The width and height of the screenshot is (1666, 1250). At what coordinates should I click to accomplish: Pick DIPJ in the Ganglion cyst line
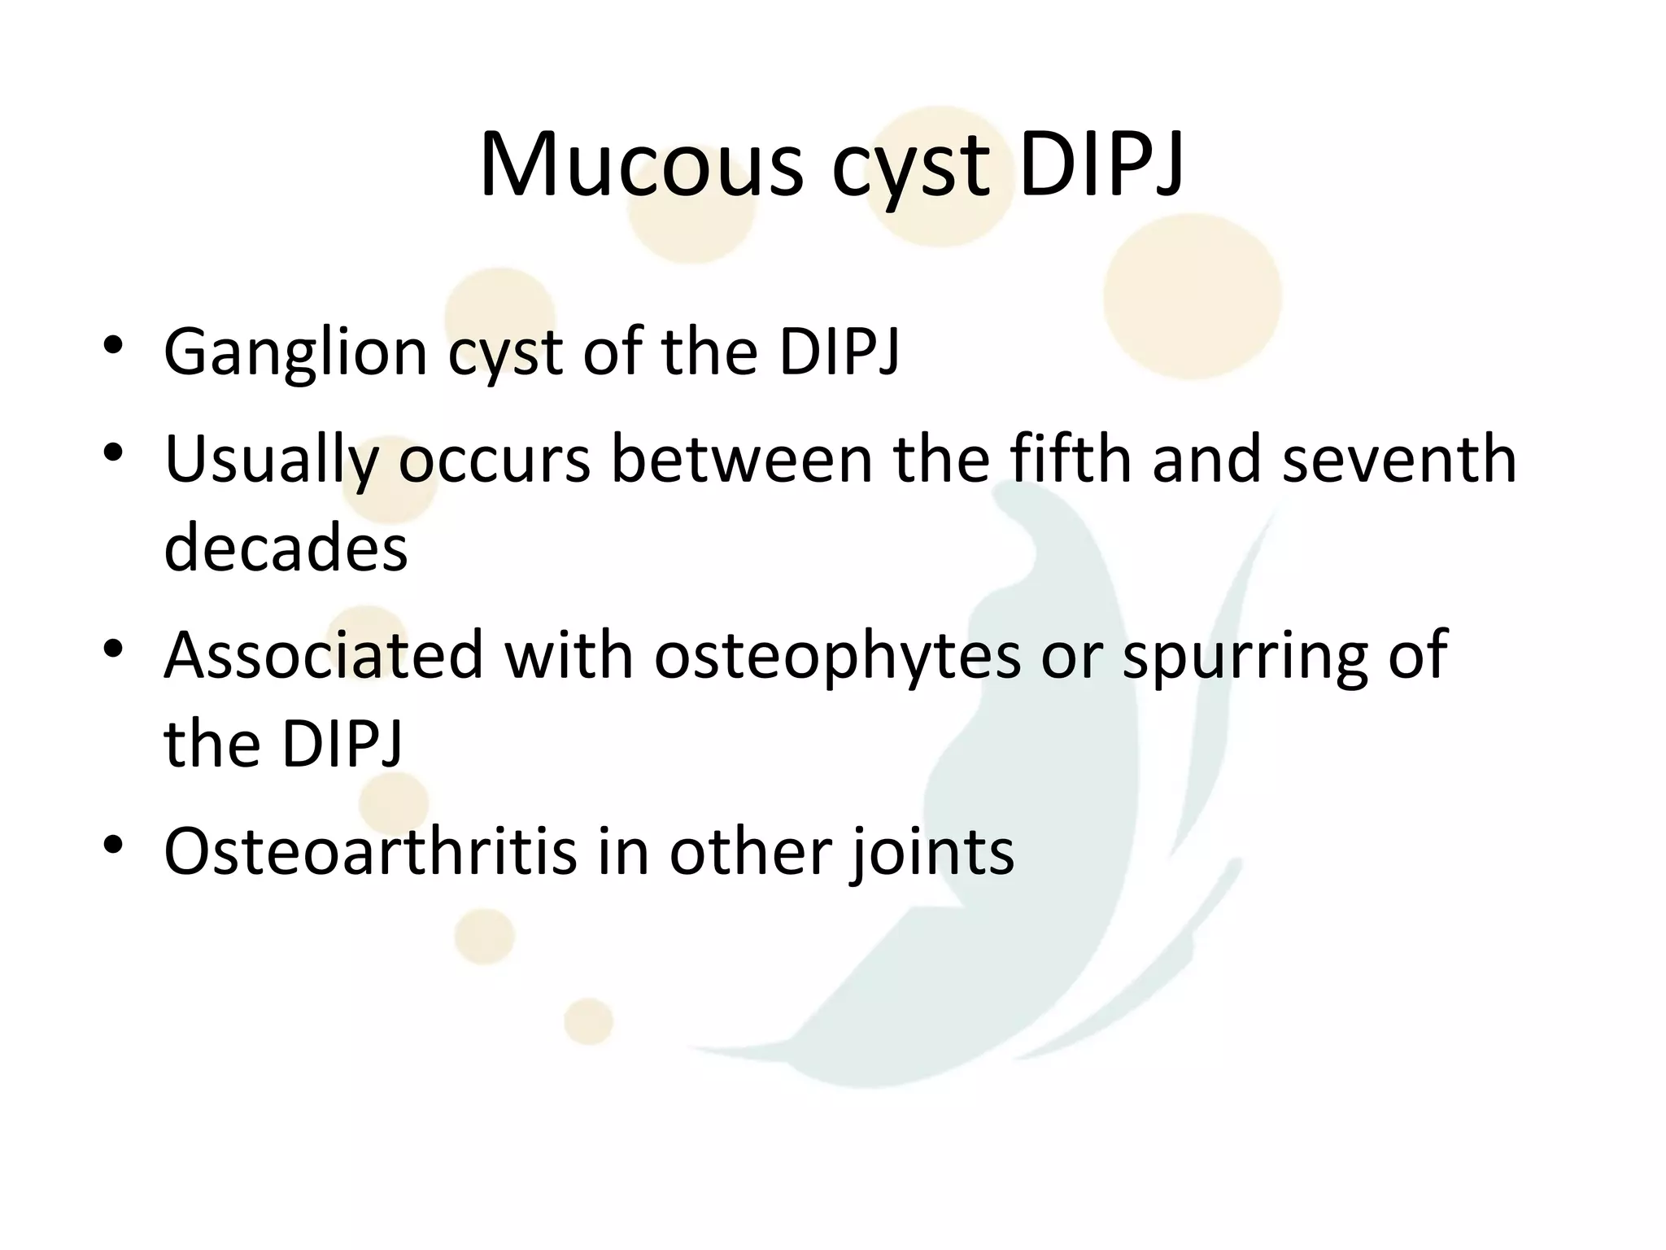tap(839, 352)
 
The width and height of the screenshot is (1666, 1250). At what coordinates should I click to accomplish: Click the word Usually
tap(271, 461)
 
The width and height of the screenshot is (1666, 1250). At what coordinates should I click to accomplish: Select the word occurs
tap(494, 461)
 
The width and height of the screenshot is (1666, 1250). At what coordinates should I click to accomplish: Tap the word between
tap(741, 459)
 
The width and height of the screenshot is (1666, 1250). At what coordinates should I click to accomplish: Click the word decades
tap(286, 547)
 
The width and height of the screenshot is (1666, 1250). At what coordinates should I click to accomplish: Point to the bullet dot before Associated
tap(113, 648)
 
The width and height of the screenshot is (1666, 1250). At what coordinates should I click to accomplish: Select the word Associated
tap(324, 655)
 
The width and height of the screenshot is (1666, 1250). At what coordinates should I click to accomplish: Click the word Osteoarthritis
tap(370, 851)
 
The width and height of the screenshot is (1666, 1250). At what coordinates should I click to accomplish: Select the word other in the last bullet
tap(750, 851)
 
